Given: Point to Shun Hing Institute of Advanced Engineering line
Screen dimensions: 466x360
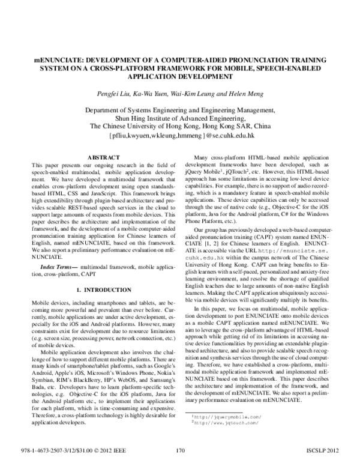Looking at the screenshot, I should [180, 118].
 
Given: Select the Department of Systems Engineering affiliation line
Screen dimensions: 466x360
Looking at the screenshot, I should [180, 110].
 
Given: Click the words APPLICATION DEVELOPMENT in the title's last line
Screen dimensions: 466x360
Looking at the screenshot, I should [179, 78].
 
